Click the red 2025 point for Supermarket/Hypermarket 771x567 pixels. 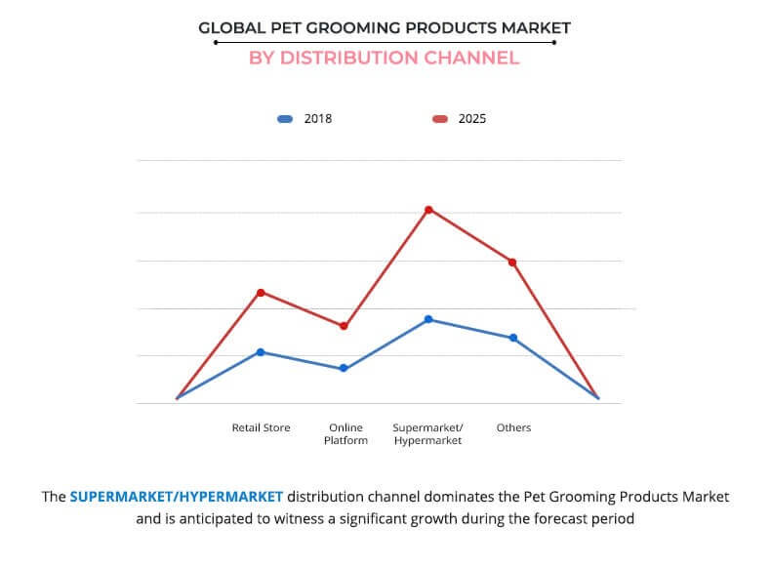[x=428, y=210]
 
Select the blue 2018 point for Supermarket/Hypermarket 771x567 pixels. [x=428, y=319]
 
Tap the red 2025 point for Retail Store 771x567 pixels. [x=261, y=292]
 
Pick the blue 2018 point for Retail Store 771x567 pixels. [x=261, y=352]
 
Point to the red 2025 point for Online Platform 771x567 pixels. [x=344, y=326]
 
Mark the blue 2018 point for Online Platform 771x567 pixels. [x=344, y=369]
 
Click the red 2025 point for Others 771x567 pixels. [x=512, y=262]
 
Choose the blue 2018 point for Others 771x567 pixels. [x=512, y=338]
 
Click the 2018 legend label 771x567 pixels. [x=318, y=119]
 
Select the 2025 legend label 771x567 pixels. [x=472, y=119]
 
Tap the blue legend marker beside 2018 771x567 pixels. [x=285, y=119]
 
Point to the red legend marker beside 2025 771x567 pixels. [x=440, y=119]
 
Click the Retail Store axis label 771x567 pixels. [x=261, y=427]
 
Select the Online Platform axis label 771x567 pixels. [x=345, y=434]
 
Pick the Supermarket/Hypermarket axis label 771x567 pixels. [x=427, y=434]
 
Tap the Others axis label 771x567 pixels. [x=513, y=427]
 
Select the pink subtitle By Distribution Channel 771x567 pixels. [x=384, y=58]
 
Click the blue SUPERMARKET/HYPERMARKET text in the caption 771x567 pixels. [x=176, y=497]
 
